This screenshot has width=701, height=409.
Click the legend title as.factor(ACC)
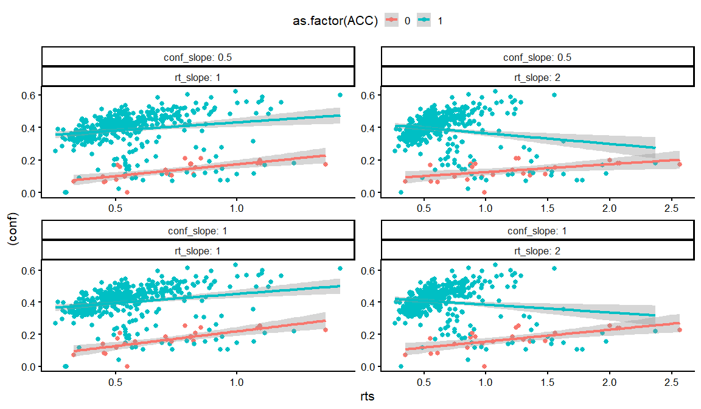334,21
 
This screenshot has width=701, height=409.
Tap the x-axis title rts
368,397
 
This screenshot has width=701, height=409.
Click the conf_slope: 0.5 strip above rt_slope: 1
198,57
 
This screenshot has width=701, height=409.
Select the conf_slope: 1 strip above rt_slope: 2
537,231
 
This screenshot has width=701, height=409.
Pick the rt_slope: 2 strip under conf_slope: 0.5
537,77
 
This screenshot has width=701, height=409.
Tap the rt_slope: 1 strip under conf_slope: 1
198,250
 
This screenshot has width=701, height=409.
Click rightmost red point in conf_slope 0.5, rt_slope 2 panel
679,164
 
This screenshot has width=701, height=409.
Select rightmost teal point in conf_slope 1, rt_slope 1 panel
340,268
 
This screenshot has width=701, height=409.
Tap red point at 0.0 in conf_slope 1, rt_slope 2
484,366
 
